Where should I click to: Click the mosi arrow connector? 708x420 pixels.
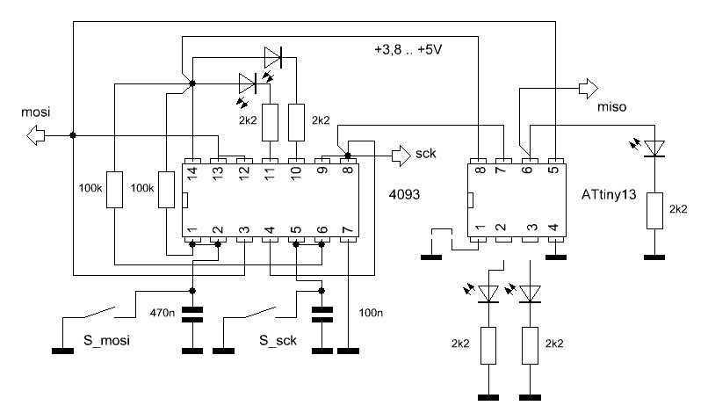(x=36, y=135)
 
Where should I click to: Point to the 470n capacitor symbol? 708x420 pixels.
(x=193, y=313)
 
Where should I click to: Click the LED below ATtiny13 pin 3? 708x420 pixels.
(x=530, y=292)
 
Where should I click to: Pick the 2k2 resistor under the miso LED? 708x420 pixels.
(x=653, y=211)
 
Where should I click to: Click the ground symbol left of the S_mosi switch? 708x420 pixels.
(x=63, y=351)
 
